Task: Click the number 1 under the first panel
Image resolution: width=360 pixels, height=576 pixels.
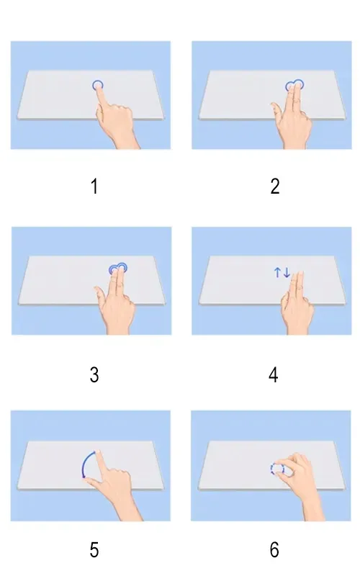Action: (94, 187)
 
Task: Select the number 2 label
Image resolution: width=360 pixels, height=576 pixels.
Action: (274, 187)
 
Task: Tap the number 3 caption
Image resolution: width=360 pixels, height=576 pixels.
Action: (94, 375)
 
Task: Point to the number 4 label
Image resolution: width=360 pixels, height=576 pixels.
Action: (274, 375)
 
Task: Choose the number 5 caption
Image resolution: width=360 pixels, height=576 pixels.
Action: (94, 551)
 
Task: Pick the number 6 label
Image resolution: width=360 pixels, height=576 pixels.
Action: (274, 551)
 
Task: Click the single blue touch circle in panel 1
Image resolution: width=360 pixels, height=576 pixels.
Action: (98, 85)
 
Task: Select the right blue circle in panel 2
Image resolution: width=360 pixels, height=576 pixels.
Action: (299, 84)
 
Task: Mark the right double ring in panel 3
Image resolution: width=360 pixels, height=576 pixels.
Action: (122, 268)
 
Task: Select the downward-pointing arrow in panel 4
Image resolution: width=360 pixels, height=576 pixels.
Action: (287, 273)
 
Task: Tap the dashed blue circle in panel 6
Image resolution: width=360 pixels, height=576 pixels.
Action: (277, 469)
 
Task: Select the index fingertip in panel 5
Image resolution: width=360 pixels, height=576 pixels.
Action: (98, 454)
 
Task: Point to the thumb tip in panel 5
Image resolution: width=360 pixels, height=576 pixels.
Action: (88, 478)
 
